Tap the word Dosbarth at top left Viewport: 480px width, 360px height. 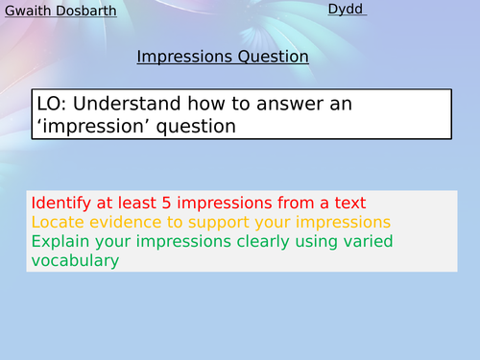tap(86, 12)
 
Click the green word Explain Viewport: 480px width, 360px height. tap(59, 241)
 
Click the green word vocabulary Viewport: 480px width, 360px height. tap(75, 260)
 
